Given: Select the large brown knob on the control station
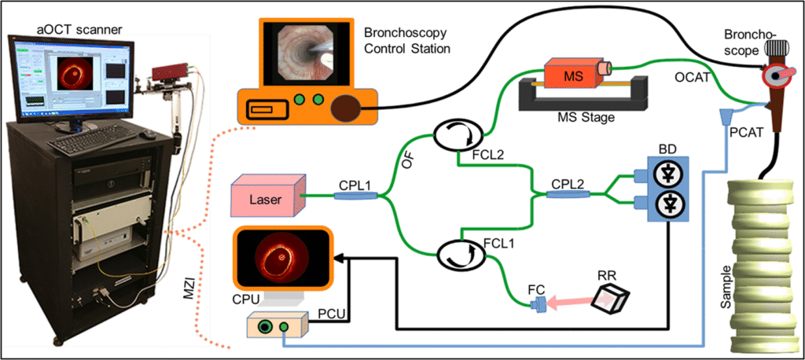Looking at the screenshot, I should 347,108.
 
